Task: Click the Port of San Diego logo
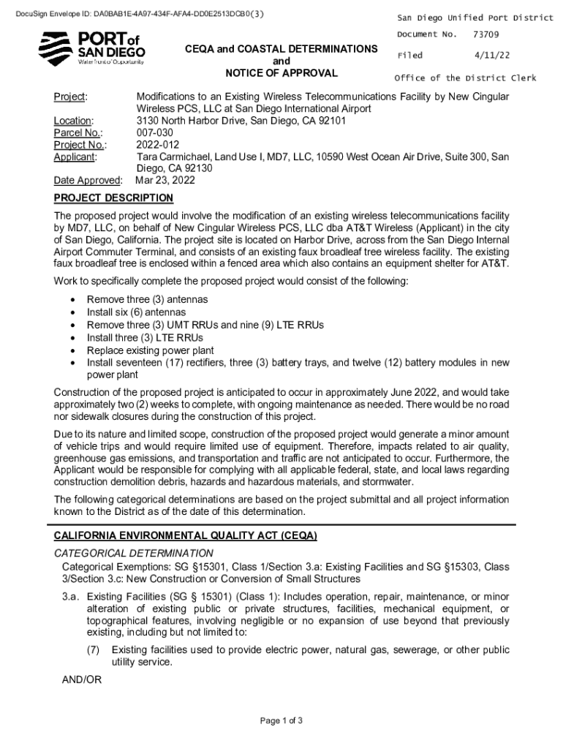[x=91, y=48]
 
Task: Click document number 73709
[x=486, y=34]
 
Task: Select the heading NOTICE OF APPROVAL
[x=281, y=73]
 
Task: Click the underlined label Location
[x=73, y=121]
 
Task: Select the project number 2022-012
[x=158, y=145]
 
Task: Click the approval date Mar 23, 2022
[x=166, y=180]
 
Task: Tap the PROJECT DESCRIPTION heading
[x=113, y=198]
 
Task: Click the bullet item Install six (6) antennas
[x=136, y=312]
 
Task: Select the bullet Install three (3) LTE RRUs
[x=145, y=337]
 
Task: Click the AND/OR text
[x=82, y=680]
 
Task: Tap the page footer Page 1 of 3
[x=281, y=720]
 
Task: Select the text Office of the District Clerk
[x=465, y=78]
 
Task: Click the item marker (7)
[x=93, y=650]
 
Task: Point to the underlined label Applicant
[x=76, y=157]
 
